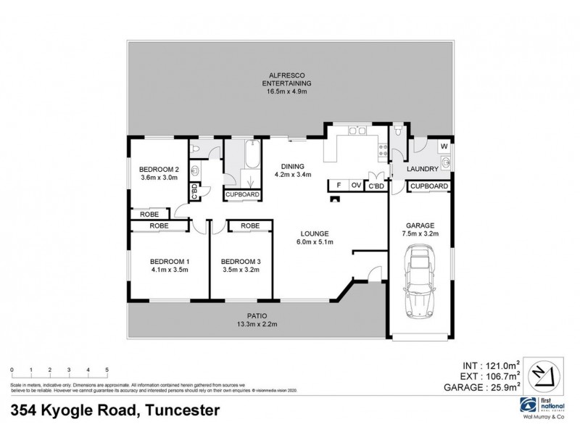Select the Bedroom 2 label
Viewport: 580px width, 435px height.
point(159,170)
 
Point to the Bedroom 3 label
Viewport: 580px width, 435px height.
point(240,261)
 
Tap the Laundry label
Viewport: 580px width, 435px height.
point(422,169)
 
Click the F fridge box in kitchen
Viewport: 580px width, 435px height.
point(339,185)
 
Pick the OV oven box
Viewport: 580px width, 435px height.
point(356,185)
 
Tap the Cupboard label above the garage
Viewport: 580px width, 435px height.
point(428,186)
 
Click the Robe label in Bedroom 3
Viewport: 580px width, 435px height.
point(250,226)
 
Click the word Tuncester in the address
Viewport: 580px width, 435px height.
point(181,410)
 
